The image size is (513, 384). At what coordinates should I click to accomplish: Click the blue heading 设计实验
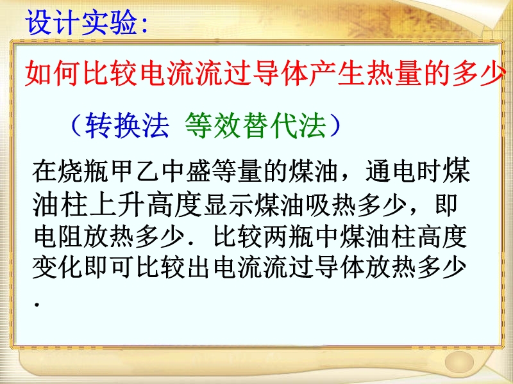(x=81, y=22)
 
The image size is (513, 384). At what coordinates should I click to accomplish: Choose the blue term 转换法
(x=127, y=125)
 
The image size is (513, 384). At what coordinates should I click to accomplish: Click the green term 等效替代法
(x=256, y=125)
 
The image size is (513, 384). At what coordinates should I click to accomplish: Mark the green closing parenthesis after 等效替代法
(x=335, y=125)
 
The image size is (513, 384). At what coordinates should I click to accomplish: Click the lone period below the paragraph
(x=37, y=305)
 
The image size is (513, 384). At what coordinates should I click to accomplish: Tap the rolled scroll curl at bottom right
(x=459, y=362)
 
